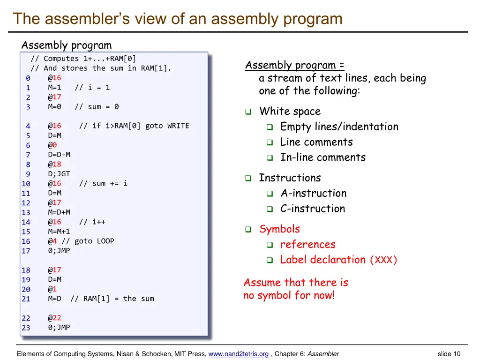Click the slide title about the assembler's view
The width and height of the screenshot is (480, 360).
point(178,19)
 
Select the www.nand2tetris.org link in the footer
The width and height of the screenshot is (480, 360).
point(238,354)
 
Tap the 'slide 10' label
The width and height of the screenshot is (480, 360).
point(449,354)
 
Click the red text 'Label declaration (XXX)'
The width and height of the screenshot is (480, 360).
point(338,260)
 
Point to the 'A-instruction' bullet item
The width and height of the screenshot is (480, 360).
point(313,193)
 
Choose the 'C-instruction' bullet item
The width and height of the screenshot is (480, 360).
point(313,209)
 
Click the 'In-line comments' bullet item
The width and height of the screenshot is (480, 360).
point(322,157)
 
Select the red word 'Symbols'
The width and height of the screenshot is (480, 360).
point(279,229)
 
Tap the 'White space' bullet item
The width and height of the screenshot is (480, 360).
point(290,112)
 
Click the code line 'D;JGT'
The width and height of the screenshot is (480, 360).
point(59,174)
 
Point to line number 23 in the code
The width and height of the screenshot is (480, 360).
point(26,328)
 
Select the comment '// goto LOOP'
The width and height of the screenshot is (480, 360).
point(88,241)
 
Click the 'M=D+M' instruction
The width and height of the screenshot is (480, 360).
point(59,212)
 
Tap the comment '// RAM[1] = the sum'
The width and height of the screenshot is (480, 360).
point(112,299)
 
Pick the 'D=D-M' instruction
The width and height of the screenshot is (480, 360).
point(59,155)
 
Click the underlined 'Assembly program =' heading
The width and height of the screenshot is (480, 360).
point(295,65)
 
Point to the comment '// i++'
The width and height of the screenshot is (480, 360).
point(92,222)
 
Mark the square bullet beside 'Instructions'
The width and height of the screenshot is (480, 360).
point(248,179)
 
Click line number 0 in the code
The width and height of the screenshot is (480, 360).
point(28,78)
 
